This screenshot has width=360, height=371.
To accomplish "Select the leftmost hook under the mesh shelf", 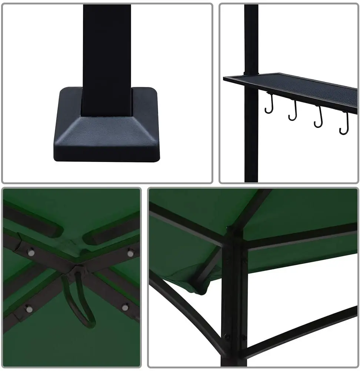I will tap(270, 105).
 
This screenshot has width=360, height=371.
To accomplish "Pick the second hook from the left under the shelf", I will tap(294, 112).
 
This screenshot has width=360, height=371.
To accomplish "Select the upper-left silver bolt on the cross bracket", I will tap(31, 252).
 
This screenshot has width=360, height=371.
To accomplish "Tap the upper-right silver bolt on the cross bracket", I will tap(130, 253).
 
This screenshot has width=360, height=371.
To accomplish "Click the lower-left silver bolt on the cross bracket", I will tap(28, 308).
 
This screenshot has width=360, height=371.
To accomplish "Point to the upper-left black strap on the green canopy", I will tap(33, 222).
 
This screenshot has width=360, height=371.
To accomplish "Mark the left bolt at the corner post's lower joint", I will tap(226, 337).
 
